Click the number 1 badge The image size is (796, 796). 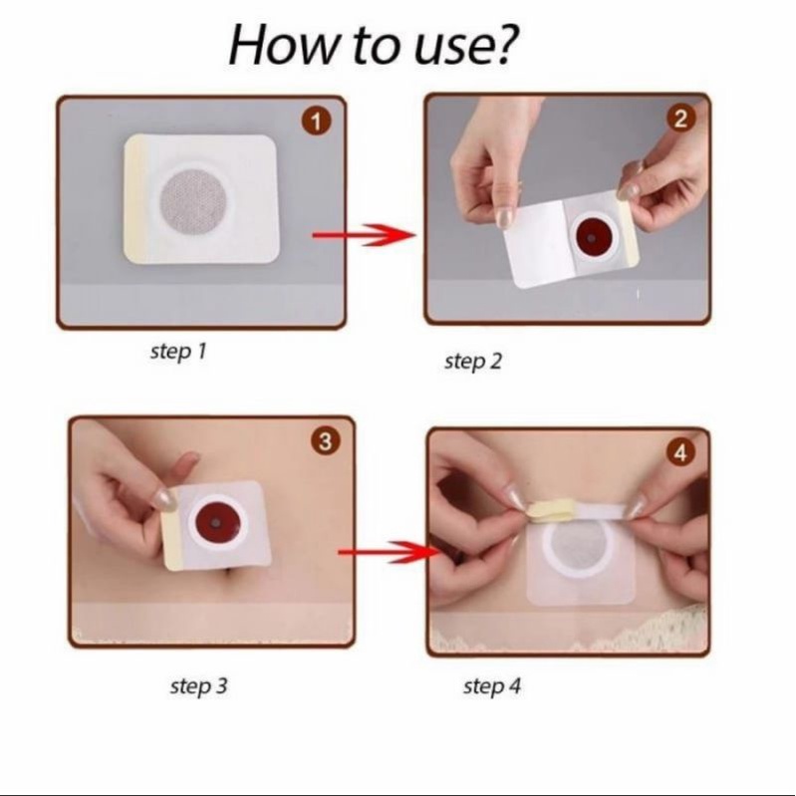[316, 123]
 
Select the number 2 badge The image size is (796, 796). [680, 119]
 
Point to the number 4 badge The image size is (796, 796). [681, 452]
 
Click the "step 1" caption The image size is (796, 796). [178, 352]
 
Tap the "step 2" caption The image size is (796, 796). [473, 362]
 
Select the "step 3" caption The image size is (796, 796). [198, 685]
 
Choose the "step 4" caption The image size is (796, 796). [492, 686]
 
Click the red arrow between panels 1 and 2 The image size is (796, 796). [364, 234]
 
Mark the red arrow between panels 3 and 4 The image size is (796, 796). [390, 552]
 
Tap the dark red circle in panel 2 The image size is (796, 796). [592, 237]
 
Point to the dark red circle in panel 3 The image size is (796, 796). [217, 523]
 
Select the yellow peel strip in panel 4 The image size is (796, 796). [546, 510]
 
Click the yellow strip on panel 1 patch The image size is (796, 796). [135, 200]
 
